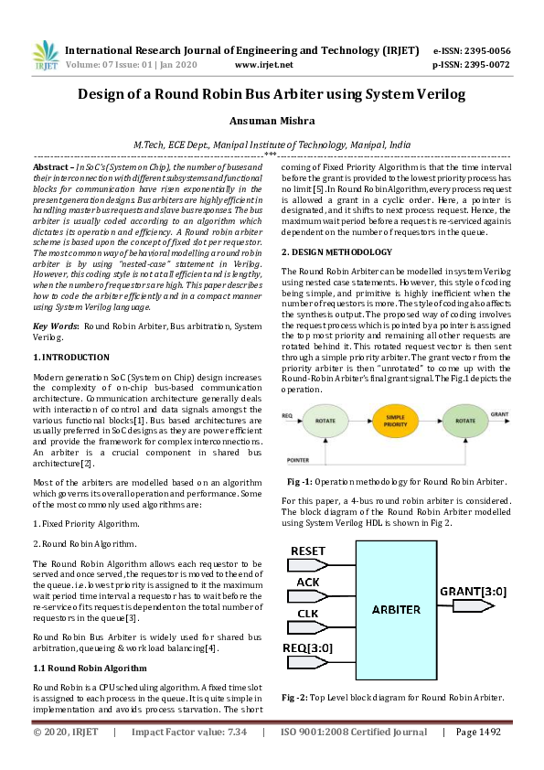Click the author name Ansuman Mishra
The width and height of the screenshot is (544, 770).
click(272, 121)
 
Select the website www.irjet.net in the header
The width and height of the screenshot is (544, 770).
click(263, 65)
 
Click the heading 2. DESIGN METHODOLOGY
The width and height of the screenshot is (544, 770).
click(336, 251)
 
